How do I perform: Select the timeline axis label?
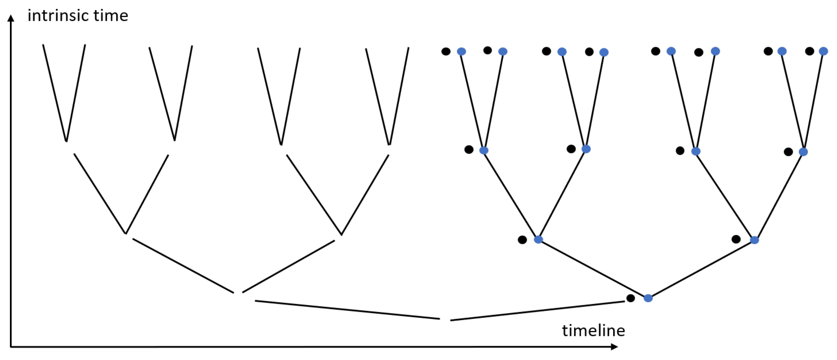[x=593, y=331]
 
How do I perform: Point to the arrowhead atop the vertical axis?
[x=11, y=18]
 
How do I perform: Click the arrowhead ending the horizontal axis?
[x=614, y=346]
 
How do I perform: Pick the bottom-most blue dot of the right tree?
[x=648, y=298]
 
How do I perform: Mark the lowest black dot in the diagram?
[x=630, y=298]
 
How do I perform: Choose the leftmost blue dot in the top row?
[x=461, y=51]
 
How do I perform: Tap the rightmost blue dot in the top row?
[x=823, y=51]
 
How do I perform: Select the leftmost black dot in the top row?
[x=446, y=51]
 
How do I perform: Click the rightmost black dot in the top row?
[x=809, y=51]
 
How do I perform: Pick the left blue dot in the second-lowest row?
[x=538, y=240]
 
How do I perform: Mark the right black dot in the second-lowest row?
[x=736, y=239]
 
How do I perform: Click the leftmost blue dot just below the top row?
[x=484, y=150]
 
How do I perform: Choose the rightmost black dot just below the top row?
[x=788, y=152]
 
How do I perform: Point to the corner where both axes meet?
[x=11, y=346]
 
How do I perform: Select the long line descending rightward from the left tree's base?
[x=347, y=310]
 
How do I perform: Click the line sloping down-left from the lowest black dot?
[x=537, y=311]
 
